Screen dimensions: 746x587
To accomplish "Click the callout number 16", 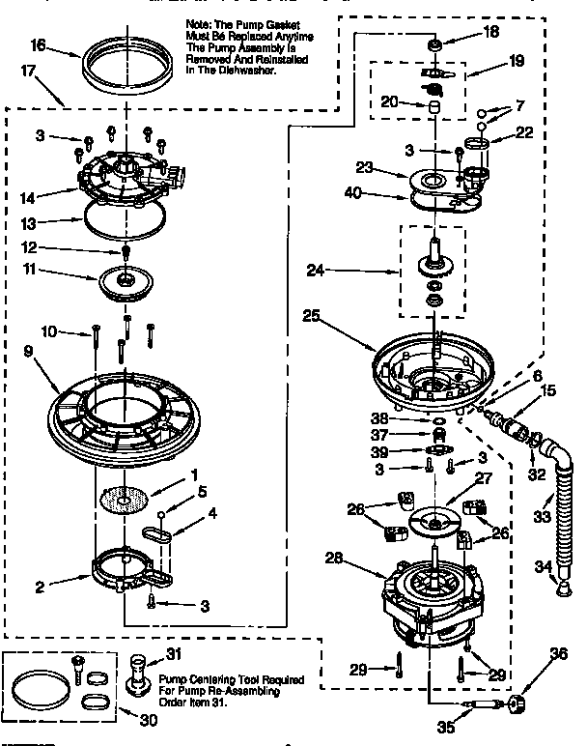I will [x=38, y=44].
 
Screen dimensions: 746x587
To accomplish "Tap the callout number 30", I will [x=174, y=718].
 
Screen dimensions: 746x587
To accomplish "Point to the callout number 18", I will [x=491, y=31].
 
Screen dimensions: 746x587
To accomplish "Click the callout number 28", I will [x=335, y=557].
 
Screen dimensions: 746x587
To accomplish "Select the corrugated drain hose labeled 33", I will [x=558, y=506].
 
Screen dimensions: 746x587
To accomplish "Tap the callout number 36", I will [x=556, y=654].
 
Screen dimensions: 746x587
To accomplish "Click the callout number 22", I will [x=524, y=133].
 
